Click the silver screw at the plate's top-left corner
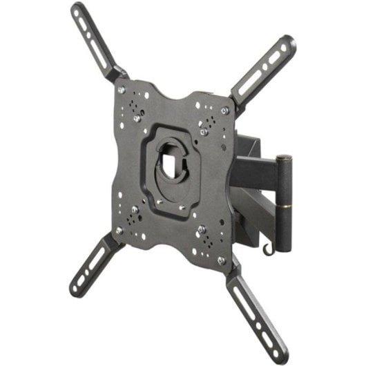click(121, 90)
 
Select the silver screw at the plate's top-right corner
click(224, 110)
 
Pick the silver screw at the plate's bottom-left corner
click(119, 231)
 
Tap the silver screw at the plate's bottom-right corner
click(221, 260)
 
